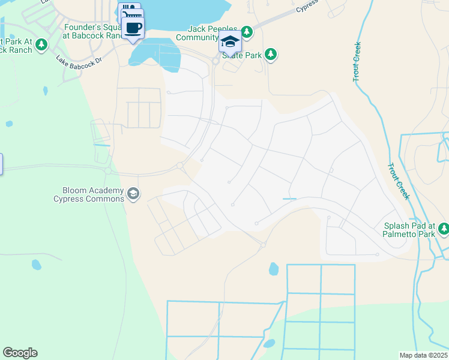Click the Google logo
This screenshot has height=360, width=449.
[20, 353]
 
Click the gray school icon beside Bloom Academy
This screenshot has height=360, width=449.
[133, 193]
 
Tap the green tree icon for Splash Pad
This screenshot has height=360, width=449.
[444, 228]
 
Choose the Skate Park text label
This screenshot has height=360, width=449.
[240, 55]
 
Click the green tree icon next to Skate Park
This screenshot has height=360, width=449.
[271, 55]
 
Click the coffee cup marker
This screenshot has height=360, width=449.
[133, 27]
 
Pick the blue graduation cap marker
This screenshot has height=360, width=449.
[229, 41]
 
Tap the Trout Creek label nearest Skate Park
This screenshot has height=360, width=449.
[358, 61]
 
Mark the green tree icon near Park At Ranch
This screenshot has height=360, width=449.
[41, 45]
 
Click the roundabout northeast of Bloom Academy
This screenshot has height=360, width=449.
[179, 166]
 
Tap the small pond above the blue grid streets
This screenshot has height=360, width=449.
[274, 268]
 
